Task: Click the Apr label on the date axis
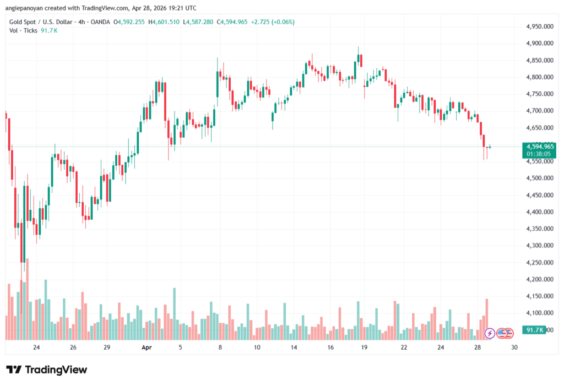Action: (x=146, y=348)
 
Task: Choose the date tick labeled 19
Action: (x=364, y=348)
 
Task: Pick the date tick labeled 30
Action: (x=514, y=348)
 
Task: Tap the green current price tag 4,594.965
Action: (x=539, y=147)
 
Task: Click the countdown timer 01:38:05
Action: (x=539, y=154)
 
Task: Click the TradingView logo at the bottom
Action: (x=46, y=370)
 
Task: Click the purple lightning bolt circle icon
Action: (x=489, y=333)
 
